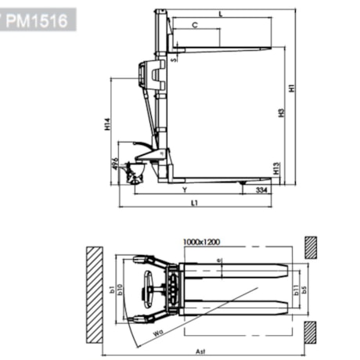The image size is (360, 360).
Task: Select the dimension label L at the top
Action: coord(221,14)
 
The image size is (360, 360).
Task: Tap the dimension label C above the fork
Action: coord(195,26)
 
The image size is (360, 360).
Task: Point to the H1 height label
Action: coord(291,90)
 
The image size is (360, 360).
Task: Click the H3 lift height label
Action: coord(279,114)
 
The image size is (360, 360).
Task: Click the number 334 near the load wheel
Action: coord(261,189)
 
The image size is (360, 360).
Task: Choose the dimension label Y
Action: coord(184,189)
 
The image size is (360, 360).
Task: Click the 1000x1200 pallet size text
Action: coord(202,242)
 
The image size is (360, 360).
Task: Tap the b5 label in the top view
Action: coord(305,289)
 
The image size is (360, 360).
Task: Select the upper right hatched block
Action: coord(309,247)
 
